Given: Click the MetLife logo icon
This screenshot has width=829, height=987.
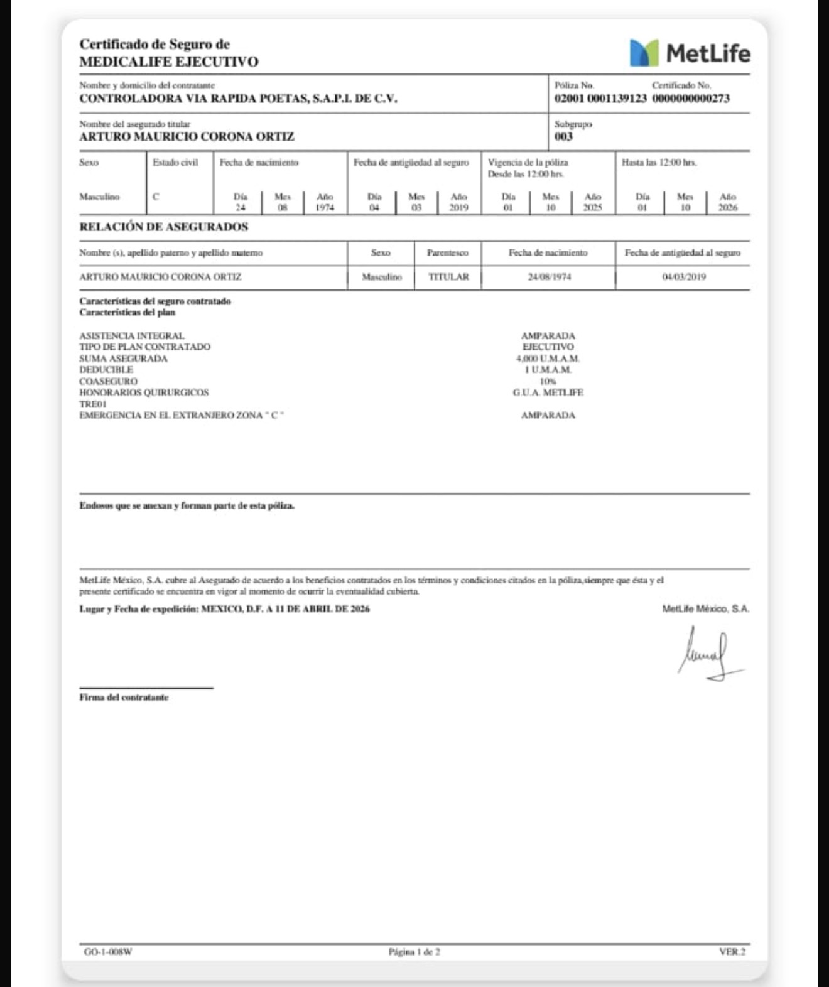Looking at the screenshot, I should point(644,53).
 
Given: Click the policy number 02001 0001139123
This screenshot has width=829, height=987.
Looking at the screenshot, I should point(600,99).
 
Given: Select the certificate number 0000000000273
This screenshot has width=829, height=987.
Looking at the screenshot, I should point(690,99).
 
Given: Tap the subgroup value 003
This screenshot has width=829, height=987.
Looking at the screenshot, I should point(563,137).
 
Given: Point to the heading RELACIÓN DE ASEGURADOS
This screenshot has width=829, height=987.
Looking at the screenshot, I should point(163,227).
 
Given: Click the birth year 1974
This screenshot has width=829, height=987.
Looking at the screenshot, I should point(324,208).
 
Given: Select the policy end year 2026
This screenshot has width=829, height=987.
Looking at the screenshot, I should point(727,208).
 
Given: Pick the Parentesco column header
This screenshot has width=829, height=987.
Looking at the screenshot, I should point(447,253).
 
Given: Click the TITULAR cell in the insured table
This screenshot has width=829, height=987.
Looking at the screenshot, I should point(448,277).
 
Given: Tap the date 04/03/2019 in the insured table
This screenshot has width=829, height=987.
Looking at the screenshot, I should point(684,277).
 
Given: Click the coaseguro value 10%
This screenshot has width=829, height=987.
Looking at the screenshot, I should point(548,381).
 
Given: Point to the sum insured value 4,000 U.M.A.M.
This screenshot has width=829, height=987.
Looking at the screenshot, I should point(548,359).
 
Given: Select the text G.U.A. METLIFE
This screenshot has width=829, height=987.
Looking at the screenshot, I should point(548,392).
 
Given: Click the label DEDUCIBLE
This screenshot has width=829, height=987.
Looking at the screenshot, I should point(106,370).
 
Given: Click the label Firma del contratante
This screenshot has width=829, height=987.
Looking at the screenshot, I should point(124,698).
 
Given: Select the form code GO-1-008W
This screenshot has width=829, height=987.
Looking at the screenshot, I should point(108,952).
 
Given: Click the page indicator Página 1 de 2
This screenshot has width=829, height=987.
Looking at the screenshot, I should point(414,952).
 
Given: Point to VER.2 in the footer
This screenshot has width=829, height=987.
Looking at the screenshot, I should point(732,952).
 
